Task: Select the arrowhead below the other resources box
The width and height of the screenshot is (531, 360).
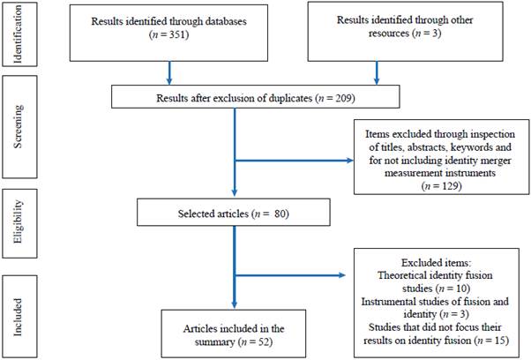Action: (x=377, y=78)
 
